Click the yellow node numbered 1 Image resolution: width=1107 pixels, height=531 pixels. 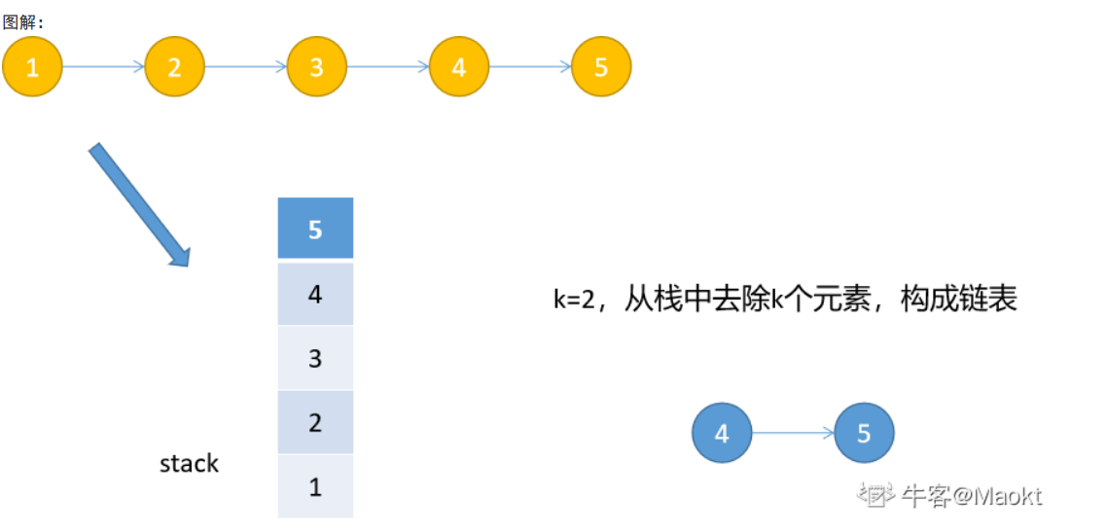pyautogui.click(x=32, y=67)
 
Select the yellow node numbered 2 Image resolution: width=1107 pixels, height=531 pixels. pyautogui.click(x=175, y=67)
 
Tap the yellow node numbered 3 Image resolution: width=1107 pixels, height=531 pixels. pyautogui.click(x=317, y=67)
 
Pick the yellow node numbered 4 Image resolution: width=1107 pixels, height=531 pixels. pyautogui.click(x=459, y=67)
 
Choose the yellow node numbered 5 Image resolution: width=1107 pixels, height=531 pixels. pyautogui.click(x=601, y=67)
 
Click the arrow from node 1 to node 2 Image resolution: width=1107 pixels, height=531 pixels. pyautogui.click(x=103, y=67)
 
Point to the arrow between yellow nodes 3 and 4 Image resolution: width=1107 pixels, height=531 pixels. pyautogui.click(x=388, y=67)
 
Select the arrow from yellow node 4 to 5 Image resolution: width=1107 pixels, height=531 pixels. pyautogui.click(x=530, y=67)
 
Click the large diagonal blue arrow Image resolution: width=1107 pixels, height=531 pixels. pyautogui.click(x=139, y=204)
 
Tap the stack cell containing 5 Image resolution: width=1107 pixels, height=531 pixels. pyautogui.click(x=315, y=229)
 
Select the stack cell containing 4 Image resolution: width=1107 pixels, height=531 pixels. pyautogui.click(x=315, y=293)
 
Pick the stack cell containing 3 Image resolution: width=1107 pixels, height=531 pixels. pyautogui.click(x=315, y=358)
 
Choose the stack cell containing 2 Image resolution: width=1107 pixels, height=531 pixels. pyautogui.click(x=315, y=422)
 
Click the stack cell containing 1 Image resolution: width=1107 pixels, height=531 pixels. pyautogui.click(x=315, y=486)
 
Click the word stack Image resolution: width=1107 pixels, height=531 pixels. pyautogui.click(x=189, y=464)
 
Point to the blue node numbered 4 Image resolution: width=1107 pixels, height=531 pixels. pyautogui.click(x=722, y=433)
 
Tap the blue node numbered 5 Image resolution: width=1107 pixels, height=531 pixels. pyautogui.click(x=864, y=433)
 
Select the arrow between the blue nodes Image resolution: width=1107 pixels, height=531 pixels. pyautogui.click(x=793, y=433)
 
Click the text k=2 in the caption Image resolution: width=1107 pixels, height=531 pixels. pyautogui.click(x=574, y=300)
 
